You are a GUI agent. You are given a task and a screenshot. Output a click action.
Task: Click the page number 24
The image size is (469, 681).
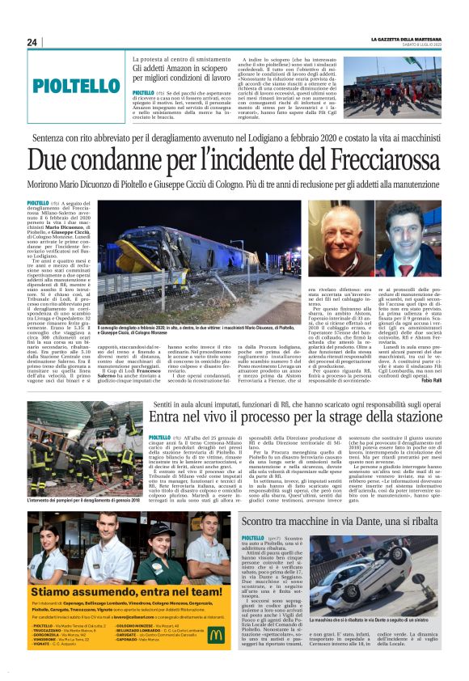click(32, 42)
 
